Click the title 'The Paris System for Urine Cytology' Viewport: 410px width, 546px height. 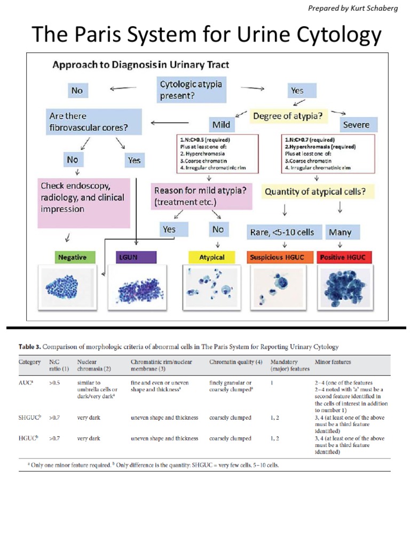207,35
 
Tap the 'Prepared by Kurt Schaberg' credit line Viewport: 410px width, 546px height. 353,8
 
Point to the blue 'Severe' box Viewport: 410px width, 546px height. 356,125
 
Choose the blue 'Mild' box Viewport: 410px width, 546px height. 221,125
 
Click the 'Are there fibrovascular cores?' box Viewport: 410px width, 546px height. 94,122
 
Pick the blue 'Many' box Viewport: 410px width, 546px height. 340,232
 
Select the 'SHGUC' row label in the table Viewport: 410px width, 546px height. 28,417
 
